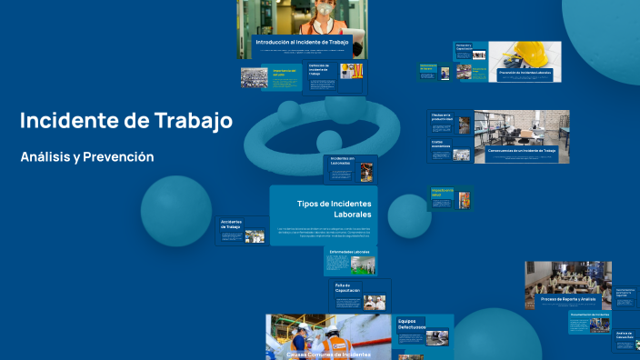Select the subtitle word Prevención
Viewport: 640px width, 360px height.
click(x=117, y=157)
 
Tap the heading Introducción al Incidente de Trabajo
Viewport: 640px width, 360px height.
click(x=301, y=43)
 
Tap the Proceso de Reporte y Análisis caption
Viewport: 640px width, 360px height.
click(x=561, y=298)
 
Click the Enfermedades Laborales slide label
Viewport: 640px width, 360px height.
click(x=349, y=252)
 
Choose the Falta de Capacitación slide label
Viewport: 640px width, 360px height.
click(x=347, y=288)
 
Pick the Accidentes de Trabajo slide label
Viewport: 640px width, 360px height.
click(x=230, y=224)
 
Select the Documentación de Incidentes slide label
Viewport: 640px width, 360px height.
click(x=569, y=314)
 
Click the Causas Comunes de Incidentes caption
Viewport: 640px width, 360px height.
click(x=327, y=355)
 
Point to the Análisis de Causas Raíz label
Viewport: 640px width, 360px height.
click(x=624, y=336)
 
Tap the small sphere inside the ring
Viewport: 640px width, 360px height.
click(x=328, y=140)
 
